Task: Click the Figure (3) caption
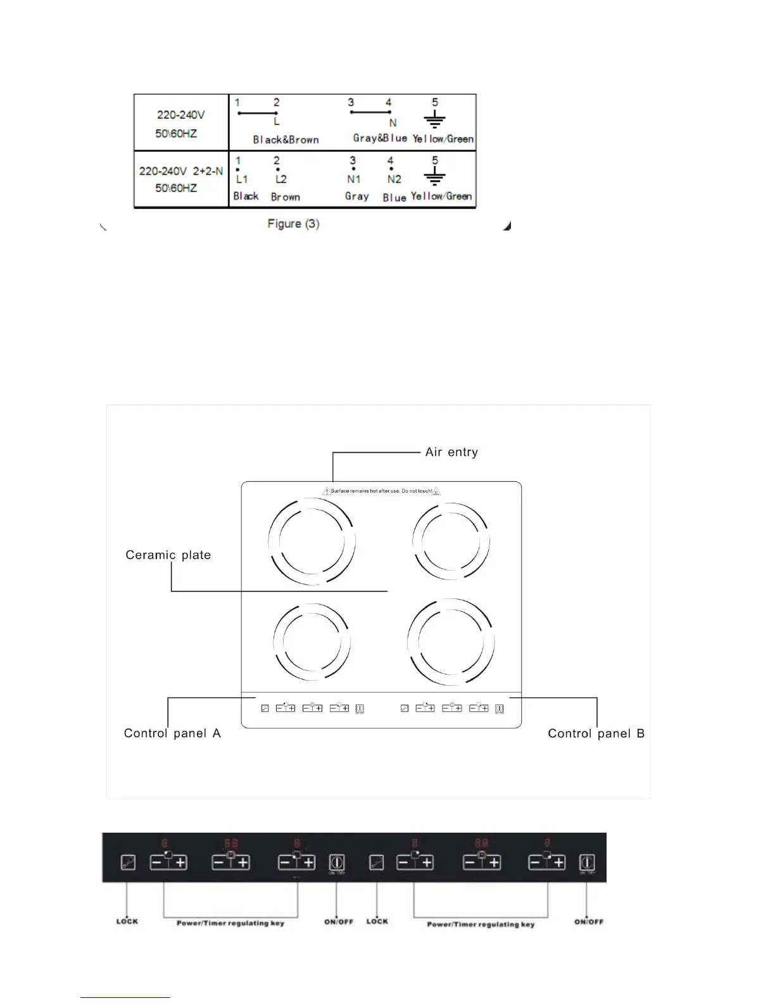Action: click(x=293, y=224)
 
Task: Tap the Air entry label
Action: click(x=451, y=452)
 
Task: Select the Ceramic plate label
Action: click(x=168, y=555)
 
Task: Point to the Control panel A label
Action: click(x=172, y=733)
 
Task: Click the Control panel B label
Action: click(x=596, y=733)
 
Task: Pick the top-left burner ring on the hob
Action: click(x=311, y=542)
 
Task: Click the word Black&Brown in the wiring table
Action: click(x=286, y=140)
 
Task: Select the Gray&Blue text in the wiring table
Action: click(x=380, y=138)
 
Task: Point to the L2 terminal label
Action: click(x=280, y=180)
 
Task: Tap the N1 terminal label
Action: click(x=353, y=180)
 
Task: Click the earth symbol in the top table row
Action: click(x=435, y=120)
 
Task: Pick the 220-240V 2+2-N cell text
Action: click(x=180, y=172)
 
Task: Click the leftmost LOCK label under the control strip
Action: click(x=127, y=921)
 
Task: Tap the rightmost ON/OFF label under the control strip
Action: click(x=589, y=922)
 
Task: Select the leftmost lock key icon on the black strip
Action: click(x=128, y=862)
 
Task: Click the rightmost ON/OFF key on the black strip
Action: click(x=588, y=862)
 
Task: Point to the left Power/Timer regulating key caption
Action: click(x=230, y=923)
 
